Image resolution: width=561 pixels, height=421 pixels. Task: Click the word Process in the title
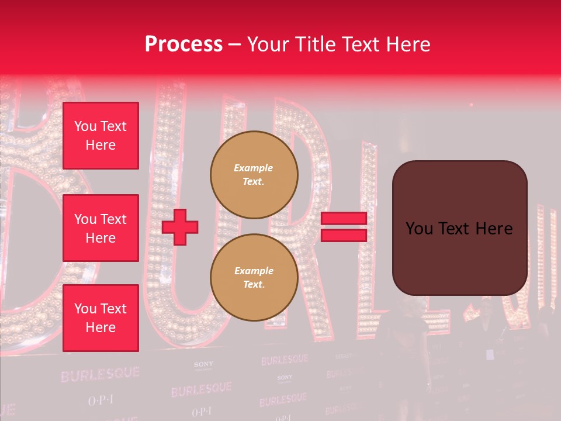click(x=183, y=44)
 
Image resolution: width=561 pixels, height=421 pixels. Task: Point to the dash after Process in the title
click(x=234, y=45)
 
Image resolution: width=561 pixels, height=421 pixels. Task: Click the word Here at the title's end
click(x=407, y=44)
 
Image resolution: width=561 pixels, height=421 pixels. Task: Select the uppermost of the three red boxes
click(x=101, y=136)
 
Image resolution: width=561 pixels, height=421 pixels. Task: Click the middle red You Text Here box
click(x=101, y=228)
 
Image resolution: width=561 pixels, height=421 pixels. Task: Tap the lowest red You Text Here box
click(x=101, y=318)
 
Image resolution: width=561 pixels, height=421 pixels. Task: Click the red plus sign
click(x=180, y=227)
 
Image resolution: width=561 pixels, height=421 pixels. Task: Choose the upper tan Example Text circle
click(x=254, y=174)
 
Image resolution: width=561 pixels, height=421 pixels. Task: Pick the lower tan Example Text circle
click(x=254, y=277)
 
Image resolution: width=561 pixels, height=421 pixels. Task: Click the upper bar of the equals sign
click(x=344, y=219)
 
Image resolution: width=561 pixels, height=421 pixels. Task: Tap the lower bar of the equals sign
click(x=344, y=235)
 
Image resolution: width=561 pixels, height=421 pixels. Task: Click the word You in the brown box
click(x=419, y=229)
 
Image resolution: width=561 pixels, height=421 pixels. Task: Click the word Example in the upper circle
click(x=253, y=168)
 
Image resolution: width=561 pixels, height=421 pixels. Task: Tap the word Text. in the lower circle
click(x=253, y=285)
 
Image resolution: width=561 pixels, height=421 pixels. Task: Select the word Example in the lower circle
click(x=253, y=271)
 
